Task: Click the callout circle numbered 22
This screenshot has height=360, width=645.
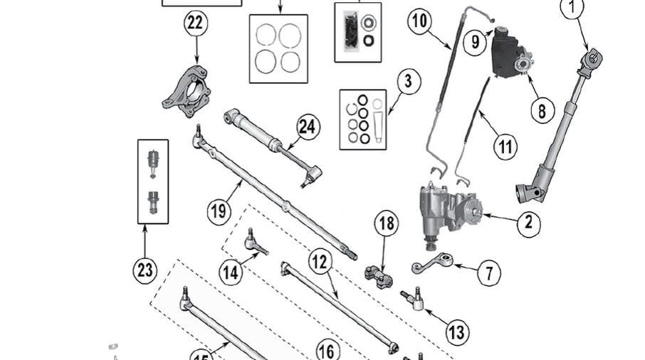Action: [x=194, y=23]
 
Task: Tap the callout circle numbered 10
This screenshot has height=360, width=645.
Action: [x=421, y=21]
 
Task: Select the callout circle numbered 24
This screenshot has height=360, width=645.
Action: [x=307, y=127]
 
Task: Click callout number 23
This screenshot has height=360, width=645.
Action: [x=145, y=271]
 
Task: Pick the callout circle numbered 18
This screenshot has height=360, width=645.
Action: [x=386, y=225]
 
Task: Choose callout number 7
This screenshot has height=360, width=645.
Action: [x=488, y=272]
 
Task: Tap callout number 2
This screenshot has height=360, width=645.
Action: [x=528, y=223]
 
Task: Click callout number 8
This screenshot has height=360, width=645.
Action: [x=542, y=110]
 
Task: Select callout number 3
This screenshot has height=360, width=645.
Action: [x=407, y=81]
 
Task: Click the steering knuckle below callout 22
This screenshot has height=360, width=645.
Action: [x=187, y=90]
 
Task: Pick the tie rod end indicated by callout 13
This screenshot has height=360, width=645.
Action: [x=414, y=299]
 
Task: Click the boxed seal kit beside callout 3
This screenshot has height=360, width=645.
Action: [x=362, y=119]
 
